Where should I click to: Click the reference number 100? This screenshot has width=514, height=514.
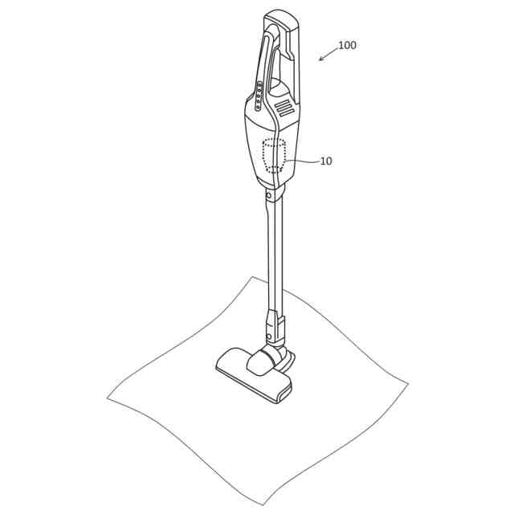(x=347, y=45)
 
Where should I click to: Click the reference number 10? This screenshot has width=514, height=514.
(x=326, y=161)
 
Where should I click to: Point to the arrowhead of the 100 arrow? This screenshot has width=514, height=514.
(x=321, y=59)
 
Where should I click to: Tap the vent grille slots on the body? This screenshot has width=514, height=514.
(x=285, y=109)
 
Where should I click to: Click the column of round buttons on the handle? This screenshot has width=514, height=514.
(x=259, y=96)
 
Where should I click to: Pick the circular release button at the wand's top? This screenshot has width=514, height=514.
(x=269, y=196)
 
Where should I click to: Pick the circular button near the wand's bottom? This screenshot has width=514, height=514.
(x=269, y=337)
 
